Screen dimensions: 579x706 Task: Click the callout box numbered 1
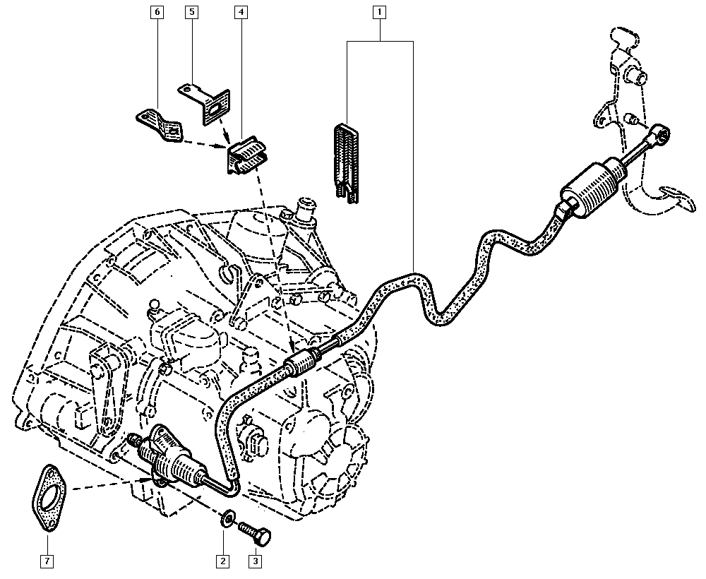(381, 12)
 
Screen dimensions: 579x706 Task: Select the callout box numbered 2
(223, 561)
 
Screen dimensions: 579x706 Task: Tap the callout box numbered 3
(255, 561)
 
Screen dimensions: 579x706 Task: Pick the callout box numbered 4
(241, 12)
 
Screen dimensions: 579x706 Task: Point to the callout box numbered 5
(191, 12)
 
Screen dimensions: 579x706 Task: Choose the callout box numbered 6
(156, 12)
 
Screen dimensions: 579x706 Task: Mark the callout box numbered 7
(47, 561)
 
